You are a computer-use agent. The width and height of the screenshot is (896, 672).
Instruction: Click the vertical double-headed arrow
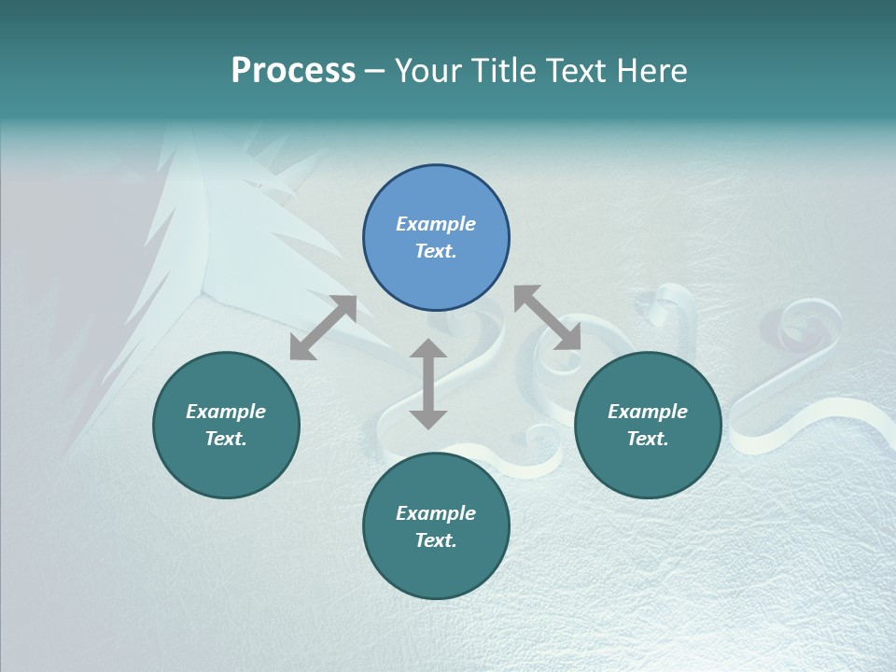tap(428, 384)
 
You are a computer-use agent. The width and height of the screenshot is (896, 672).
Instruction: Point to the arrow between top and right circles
tap(548, 317)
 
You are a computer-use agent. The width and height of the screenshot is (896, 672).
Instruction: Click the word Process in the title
tap(293, 71)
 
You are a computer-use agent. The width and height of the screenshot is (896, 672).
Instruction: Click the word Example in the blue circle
tap(436, 224)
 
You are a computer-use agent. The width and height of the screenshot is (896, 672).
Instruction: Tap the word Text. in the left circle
tap(226, 439)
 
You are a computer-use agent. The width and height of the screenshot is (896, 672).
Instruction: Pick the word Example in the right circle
tap(648, 412)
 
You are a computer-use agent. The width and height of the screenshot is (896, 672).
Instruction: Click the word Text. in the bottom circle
tap(436, 540)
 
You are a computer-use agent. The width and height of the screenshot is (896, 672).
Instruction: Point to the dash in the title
tap(375, 72)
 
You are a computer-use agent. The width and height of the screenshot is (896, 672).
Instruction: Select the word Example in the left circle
tap(226, 412)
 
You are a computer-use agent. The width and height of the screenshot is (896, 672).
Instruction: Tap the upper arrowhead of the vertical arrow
tap(428, 349)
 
